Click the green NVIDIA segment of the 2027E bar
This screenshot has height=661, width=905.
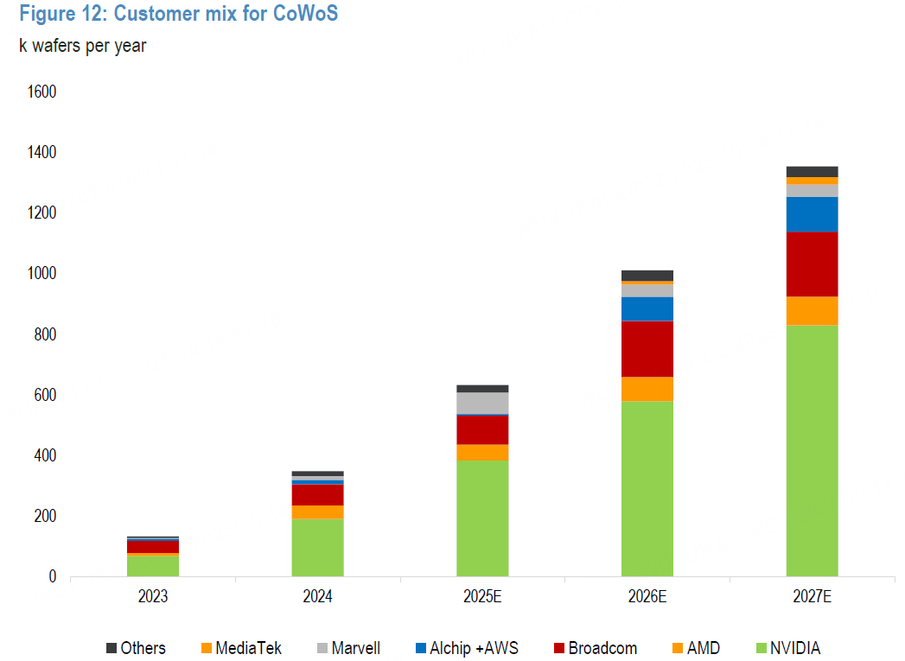pos(812,449)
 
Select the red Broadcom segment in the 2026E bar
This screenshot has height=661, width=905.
pos(647,349)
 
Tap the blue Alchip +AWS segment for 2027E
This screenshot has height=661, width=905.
pos(812,214)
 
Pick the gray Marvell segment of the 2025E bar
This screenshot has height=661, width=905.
pos(482,403)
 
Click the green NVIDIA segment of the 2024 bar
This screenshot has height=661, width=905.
pos(317,547)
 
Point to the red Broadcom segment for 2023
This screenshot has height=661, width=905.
pos(153,546)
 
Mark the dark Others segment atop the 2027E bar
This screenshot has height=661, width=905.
pos(812,171)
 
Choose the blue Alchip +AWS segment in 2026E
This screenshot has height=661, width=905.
pos(647,308)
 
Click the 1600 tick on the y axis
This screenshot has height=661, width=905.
pos(41,92)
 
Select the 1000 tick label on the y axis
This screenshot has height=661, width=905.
pos(41,274)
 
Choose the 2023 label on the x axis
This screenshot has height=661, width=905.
pos(153,596)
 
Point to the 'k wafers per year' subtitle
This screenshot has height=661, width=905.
pos(83,46)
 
